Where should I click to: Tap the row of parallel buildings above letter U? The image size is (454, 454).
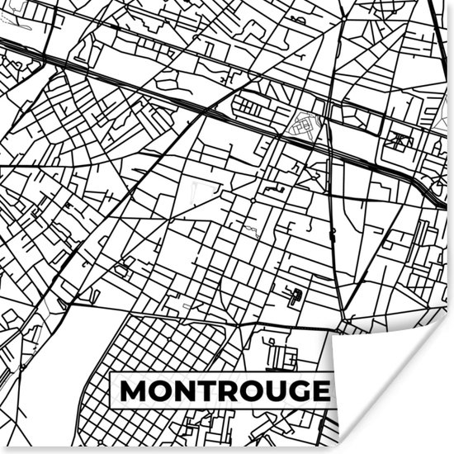(x=282, y=356)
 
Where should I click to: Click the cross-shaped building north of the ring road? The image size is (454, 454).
(x=401, y=140)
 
